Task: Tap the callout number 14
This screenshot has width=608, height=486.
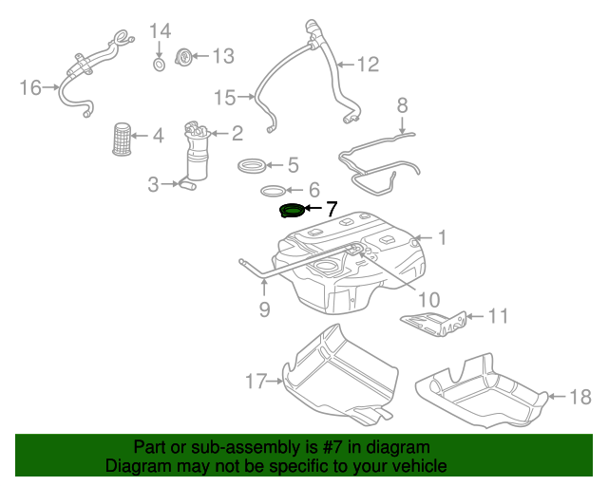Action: (160, 31)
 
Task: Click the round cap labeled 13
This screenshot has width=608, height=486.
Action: (186, 57)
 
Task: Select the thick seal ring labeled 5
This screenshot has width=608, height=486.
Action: (254, 167)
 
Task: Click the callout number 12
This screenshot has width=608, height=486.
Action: (367, 65)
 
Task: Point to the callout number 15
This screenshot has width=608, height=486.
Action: (223, 97)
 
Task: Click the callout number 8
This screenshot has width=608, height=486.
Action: (402, 104)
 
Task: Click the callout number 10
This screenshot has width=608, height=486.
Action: (429, 299)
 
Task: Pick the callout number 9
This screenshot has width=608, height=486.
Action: (264, 308)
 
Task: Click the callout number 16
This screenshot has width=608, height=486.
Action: (30, 87)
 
